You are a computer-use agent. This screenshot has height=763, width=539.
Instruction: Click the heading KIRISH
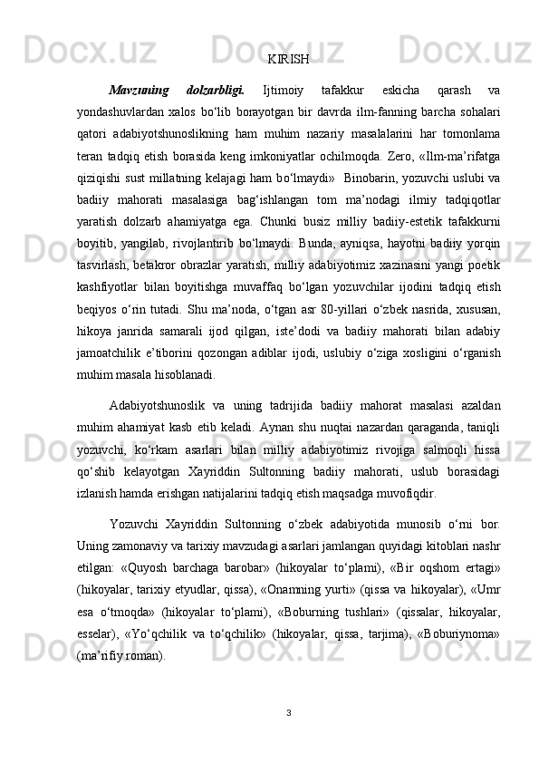(x=289, y=60)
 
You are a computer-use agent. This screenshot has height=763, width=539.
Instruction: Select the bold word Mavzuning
(x=138, y=90)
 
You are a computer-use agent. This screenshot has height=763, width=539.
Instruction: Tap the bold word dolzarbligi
(x=215, y=90)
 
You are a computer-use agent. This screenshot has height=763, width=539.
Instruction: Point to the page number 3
(x=289, y=714)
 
